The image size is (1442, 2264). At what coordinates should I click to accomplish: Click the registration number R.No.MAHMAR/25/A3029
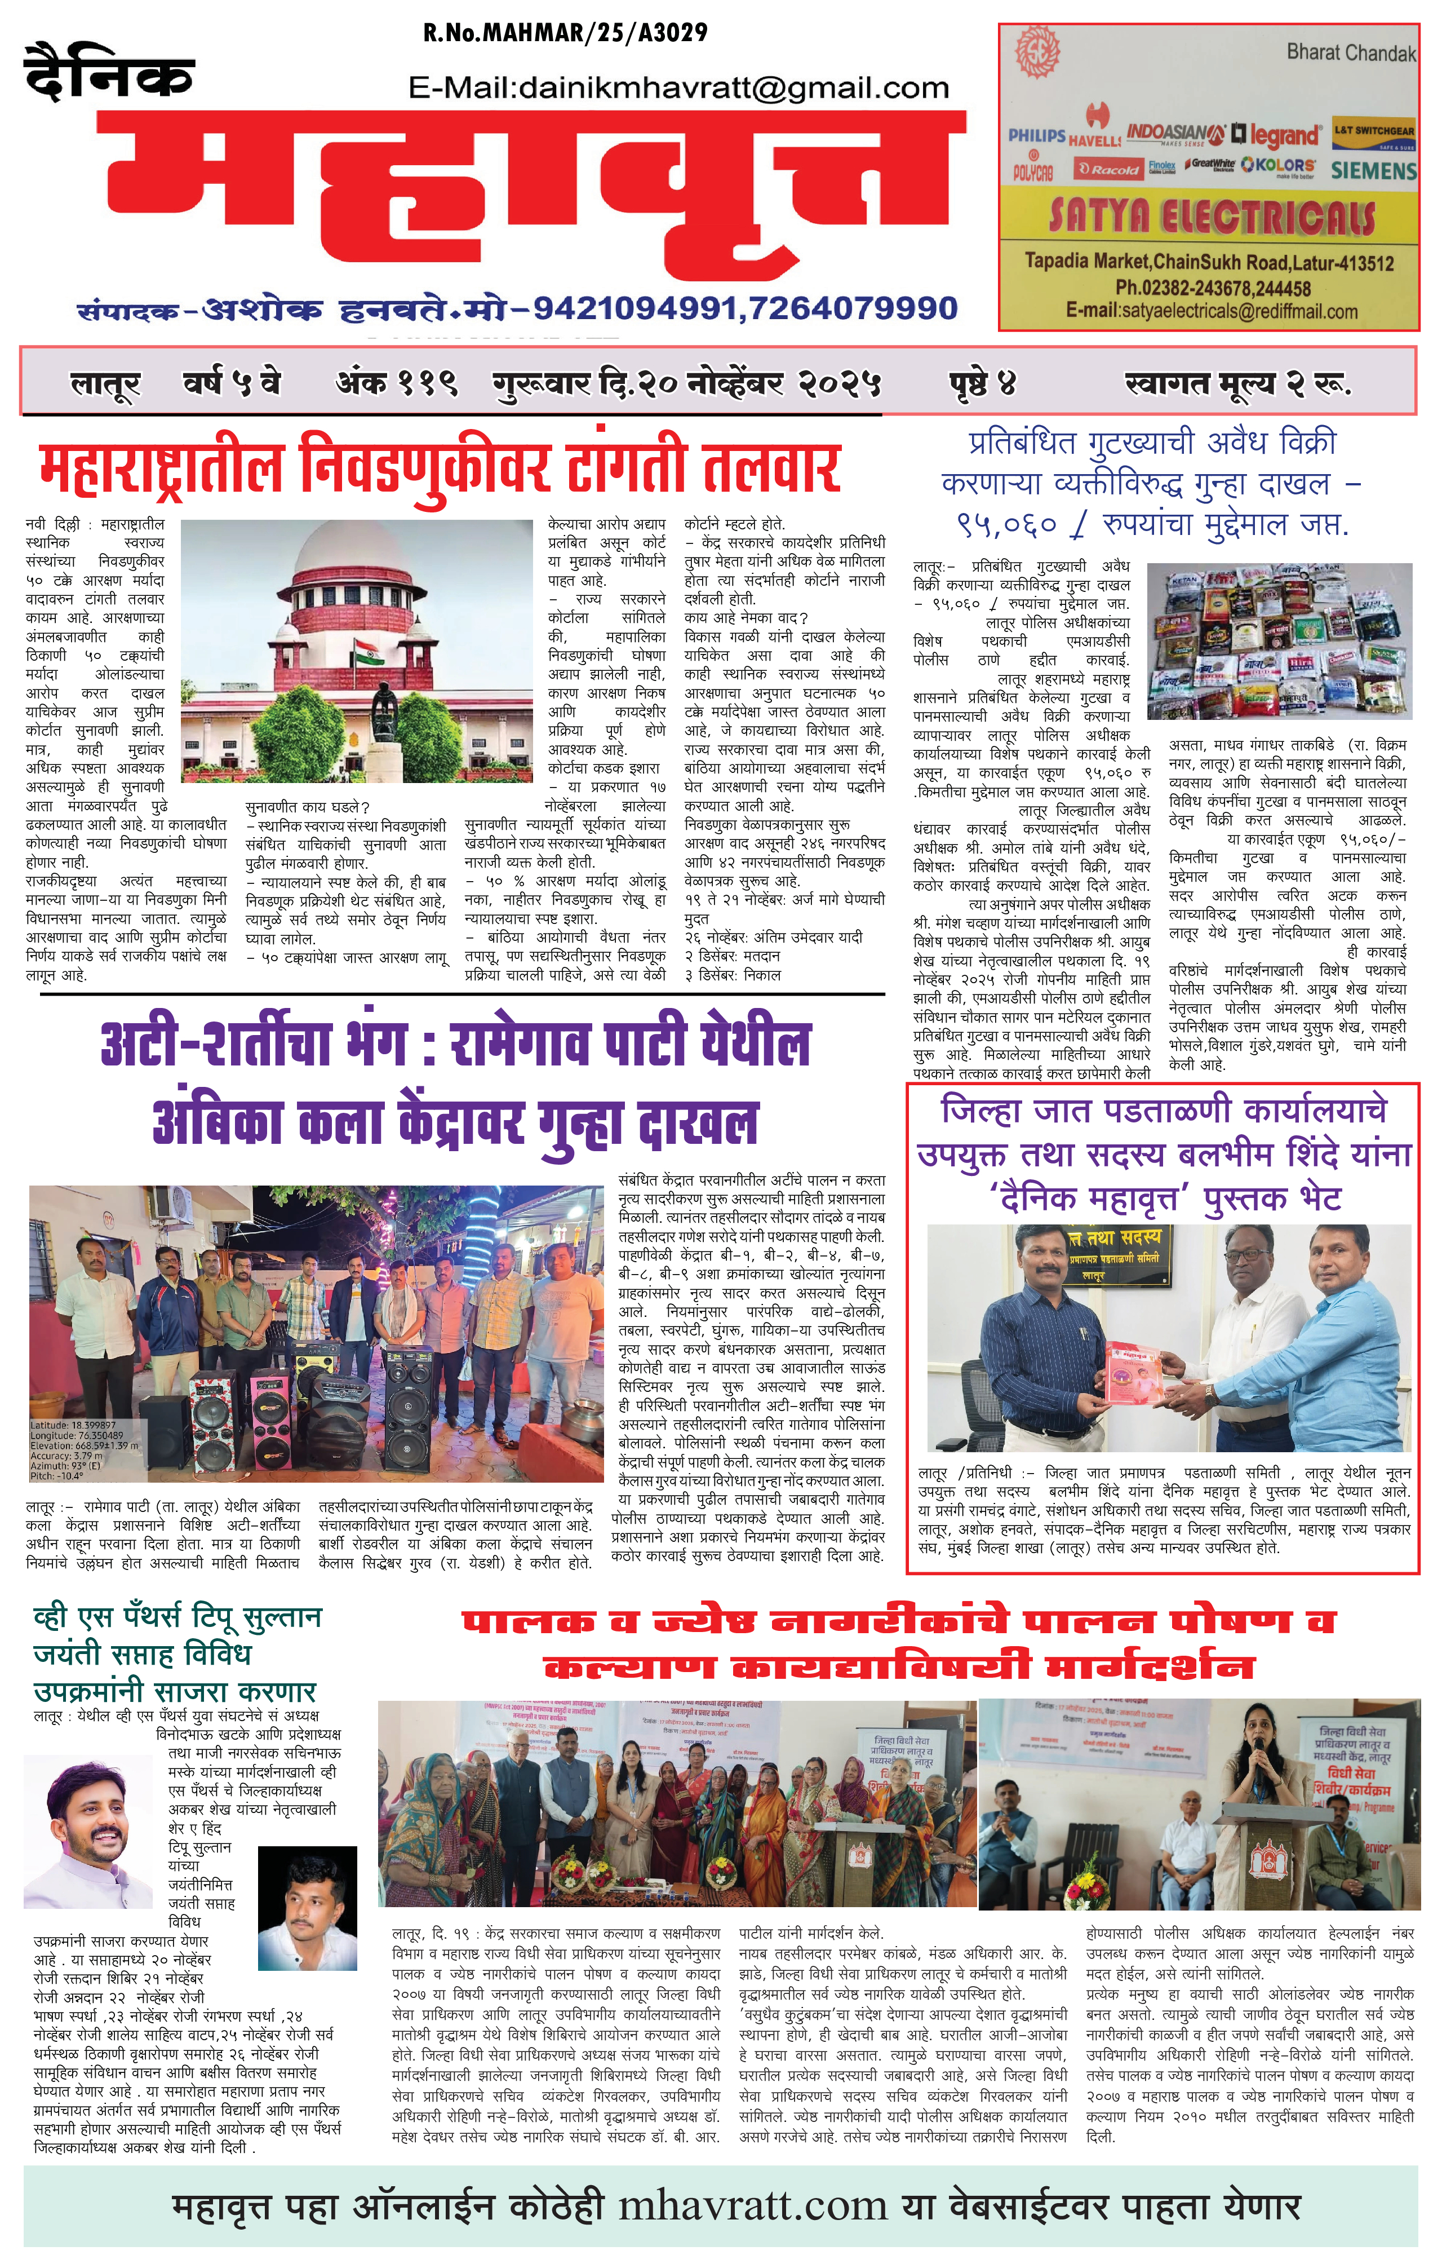[x=565, y=33]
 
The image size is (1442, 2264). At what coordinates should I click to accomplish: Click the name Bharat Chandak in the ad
[x=1351, y=52]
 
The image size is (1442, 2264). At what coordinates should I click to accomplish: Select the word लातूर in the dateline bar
[x=105, y=383]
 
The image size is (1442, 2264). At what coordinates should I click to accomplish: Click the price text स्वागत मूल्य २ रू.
[x=1237, y=383]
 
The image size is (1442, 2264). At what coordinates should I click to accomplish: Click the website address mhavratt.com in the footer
[x=752, y=2206]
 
